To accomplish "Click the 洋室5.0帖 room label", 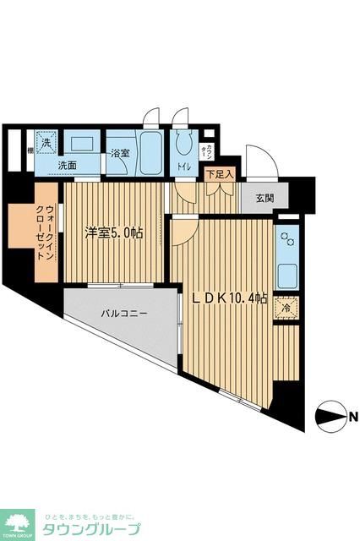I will point(112,231).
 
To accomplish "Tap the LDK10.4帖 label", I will point(227,298).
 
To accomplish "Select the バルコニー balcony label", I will point(124,313).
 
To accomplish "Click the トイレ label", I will point(183,167).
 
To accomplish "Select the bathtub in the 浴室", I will point(149,152).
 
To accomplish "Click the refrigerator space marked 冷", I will point(287,309).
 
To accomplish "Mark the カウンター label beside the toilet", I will point(208,152).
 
